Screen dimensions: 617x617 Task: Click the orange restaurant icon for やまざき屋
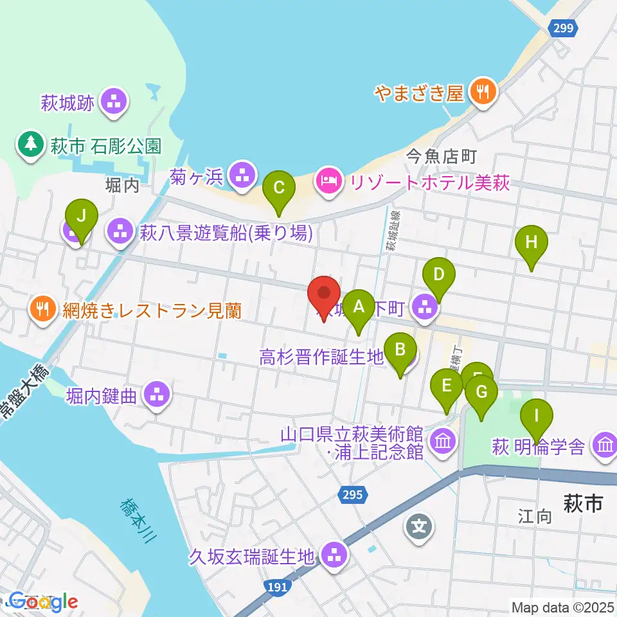481,92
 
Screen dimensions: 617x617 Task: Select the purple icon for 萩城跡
114,102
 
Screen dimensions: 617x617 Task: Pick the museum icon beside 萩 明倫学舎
604,445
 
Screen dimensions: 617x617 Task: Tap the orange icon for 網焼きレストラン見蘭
42,310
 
